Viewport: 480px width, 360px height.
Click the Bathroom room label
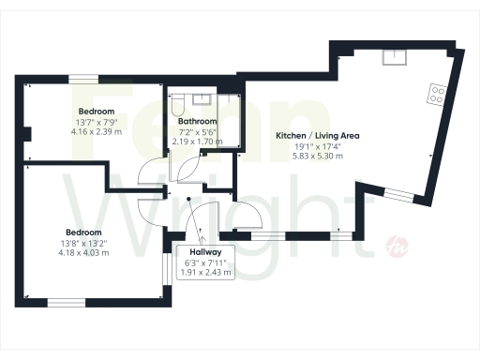198,122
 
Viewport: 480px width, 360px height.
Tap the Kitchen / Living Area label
318,136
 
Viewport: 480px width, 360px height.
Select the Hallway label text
205,252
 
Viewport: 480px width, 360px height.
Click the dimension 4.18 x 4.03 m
83,252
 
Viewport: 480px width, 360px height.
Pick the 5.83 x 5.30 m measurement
318,156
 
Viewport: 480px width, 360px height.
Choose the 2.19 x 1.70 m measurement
198,142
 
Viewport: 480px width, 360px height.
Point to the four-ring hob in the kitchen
437,93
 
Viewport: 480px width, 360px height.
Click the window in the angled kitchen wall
398,195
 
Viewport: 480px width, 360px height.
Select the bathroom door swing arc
187,170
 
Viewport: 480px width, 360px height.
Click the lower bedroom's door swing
149,215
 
